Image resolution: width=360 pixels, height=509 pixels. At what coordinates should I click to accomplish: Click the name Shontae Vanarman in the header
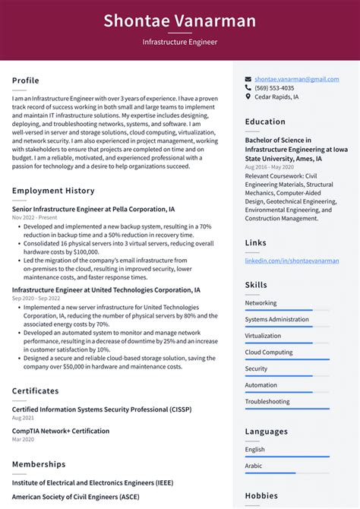(x=179, y=21)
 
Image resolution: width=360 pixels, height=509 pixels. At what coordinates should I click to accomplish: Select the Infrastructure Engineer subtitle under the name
(x=179, y=43)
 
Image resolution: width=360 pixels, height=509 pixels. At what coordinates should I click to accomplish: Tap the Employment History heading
(x=53, y=191)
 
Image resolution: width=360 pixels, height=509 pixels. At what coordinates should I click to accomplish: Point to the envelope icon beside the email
(x=248, y=79)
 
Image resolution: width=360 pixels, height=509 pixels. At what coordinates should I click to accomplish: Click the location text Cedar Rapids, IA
(x=276, y=97)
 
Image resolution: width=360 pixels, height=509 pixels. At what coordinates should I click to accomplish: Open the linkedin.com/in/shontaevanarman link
(x=292, y=261)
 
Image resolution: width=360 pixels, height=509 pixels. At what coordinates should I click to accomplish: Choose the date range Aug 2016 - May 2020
(x=269, y=166)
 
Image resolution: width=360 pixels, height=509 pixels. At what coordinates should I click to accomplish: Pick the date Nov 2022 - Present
(x=34, y=217)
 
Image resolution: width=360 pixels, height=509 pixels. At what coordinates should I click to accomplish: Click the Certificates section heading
(x=35, y=391)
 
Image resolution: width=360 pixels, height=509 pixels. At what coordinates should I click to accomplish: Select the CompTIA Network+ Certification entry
(x=61, y=431)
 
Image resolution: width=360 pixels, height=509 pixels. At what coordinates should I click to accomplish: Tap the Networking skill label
(x=261, y=302)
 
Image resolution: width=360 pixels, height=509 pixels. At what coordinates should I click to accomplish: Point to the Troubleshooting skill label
(x=267, y=401)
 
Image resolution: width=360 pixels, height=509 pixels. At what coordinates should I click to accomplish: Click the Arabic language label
(x=254, y=466)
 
